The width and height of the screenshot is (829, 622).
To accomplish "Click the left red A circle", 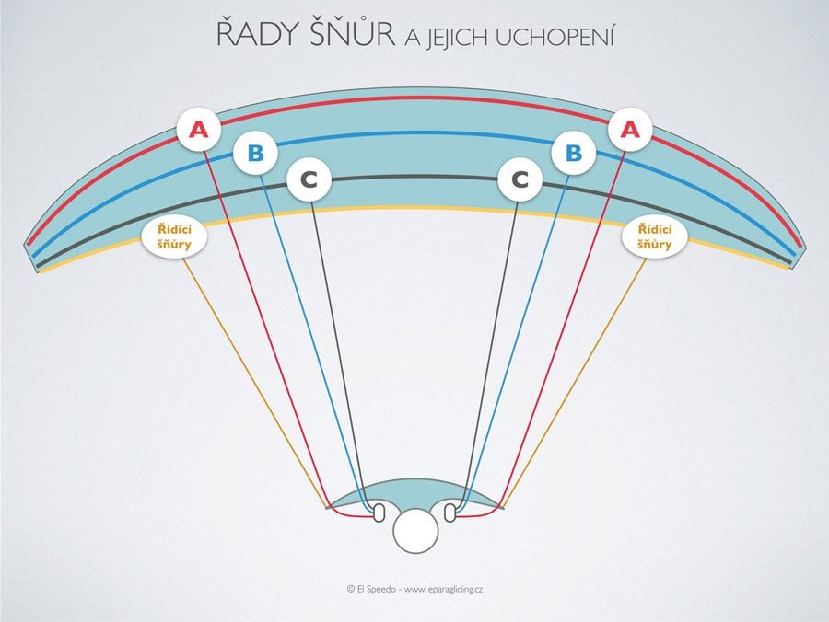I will pyautogui.click(x=199, y=131).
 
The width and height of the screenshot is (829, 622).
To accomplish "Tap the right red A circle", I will pyautogui.click(x=630, y=131).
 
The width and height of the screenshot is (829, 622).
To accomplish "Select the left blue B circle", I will pyautogui.click(x=255, y=153).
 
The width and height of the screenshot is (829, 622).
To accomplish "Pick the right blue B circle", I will pyautogui.click(x=574, y=153).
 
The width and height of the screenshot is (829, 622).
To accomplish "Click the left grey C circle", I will pyautogui.click(x=309, y=181).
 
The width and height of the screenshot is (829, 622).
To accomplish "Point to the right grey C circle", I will pyautogui.click(x=520, y=181).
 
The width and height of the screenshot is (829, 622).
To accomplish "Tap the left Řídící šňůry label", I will pyautogui.click(x=174, y=236).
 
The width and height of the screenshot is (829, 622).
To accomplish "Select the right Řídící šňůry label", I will pyautogui.click(x=655, y=236).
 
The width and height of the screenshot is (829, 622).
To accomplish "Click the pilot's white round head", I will pyautogui.click(x=414, y=532).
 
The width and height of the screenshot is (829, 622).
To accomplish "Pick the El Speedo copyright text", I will pyautogui.click(x=370, y=587).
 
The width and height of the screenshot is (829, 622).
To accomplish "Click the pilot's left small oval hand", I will pyautogui.click(x=378, y=512).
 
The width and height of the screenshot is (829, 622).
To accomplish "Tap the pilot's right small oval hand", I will pyautogui.click(x=450, y=512).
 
